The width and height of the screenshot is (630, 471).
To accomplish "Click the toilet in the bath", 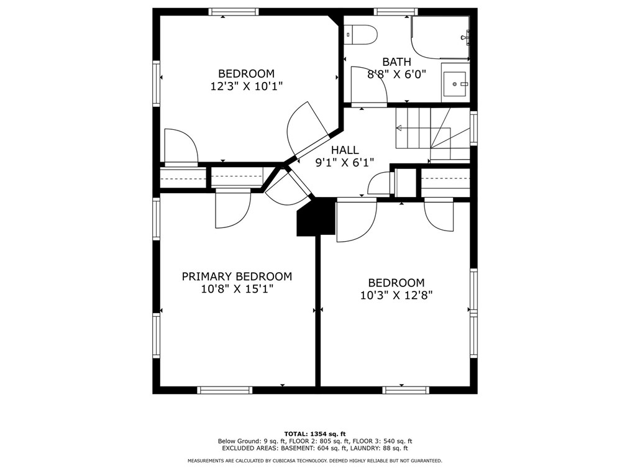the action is point(360,35).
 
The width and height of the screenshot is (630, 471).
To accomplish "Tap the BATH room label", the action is point(396,62).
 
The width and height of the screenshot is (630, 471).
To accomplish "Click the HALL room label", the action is point(345,150).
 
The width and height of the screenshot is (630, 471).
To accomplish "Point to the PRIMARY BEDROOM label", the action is point(237,277).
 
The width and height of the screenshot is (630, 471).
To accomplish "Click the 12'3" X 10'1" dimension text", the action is point(247,86).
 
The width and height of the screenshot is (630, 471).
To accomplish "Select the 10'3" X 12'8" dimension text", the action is point(396,295).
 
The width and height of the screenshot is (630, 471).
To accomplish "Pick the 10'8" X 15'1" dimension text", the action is point(237,288).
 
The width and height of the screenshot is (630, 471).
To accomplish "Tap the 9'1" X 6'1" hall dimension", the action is point(345,162).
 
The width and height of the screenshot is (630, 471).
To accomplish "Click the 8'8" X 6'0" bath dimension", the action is point(396,75).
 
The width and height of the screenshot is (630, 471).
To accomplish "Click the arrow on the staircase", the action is point(422,129).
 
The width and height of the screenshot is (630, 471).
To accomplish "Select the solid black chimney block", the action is point(316,217).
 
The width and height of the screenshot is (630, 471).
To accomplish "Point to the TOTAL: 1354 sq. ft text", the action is point(315,434).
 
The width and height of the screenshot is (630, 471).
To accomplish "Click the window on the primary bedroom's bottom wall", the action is point(224,390).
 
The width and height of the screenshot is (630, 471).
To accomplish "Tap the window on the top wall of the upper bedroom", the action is point(234,12).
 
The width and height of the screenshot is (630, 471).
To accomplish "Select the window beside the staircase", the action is point(474,128).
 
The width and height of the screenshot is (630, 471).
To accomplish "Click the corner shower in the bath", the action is point(441,38).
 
